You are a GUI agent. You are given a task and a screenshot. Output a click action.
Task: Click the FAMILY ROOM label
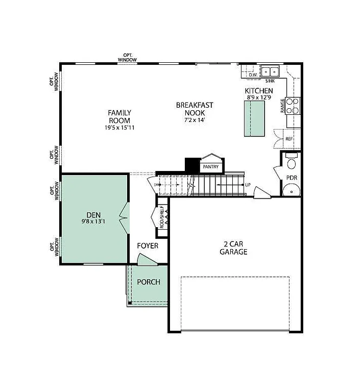(x=119, y=116)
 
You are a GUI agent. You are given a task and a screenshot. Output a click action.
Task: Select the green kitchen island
(x=255, y=118)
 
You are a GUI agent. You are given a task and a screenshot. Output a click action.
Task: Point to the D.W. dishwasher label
(x=252, y=76)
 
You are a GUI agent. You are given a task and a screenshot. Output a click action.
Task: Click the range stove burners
(x=293, y=106)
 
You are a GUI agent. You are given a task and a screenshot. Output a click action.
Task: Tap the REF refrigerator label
(x=288, y=139)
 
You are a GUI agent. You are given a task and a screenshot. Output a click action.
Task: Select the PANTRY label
(x=211, y=167)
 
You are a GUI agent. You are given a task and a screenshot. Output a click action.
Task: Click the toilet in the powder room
(x=292, y=162)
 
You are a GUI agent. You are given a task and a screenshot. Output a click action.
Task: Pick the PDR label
(x=292, y=178)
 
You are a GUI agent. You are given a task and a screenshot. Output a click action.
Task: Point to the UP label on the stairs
(x=248, y=185)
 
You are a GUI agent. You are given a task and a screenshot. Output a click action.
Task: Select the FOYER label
(x=148, y=246)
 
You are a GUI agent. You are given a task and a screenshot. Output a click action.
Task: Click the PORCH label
(x=149, y=282)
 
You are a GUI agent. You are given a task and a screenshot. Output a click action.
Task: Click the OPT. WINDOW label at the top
(x=127, y=57)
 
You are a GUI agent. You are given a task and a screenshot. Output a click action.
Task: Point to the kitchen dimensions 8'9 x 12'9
(x=258, y=96)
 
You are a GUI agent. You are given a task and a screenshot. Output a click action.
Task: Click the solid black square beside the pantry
(x=191, y=165)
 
